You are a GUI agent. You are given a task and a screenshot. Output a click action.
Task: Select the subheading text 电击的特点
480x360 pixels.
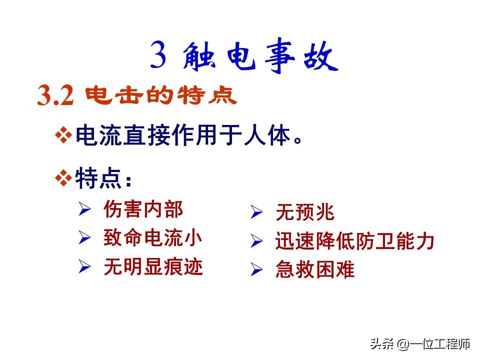[x=161, y=96]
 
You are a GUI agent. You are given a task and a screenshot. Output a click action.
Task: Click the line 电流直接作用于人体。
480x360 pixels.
[x=189, y=136]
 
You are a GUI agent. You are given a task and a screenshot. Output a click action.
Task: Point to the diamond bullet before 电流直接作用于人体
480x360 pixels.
[x=63, y=136]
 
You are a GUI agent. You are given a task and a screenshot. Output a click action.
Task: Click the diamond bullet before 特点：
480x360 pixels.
[x=63, y=178]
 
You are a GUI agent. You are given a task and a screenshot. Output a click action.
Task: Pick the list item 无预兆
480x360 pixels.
[x=304, y=213]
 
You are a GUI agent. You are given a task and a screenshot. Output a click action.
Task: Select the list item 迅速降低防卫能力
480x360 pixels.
[x=354, y=241]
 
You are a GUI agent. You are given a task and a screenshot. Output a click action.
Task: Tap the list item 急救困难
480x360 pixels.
[x=314, y=270]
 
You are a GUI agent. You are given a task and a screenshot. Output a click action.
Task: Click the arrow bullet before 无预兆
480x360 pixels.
[x=256, y=213]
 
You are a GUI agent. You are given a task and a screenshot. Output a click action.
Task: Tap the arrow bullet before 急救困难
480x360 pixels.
[x=256, y=271]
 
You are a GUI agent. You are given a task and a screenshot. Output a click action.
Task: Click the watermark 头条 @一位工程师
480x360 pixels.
[x=419, y=344]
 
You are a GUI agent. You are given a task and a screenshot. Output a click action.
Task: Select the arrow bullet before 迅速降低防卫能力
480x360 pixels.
[x=256, y=242]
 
